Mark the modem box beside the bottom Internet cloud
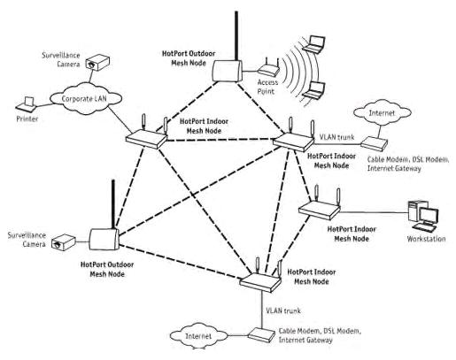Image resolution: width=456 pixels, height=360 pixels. (x=260, y=334)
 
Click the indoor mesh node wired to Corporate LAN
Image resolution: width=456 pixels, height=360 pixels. (x=146, y=140)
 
